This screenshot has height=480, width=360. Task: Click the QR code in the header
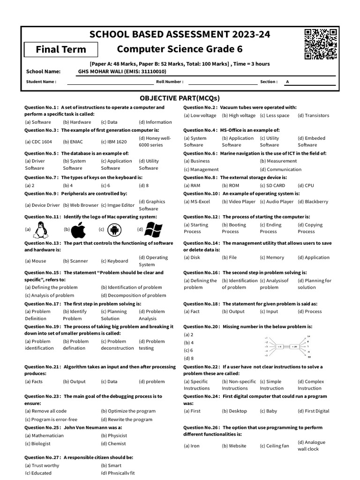coord(321,45)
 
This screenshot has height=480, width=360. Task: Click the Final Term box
coord(61,49)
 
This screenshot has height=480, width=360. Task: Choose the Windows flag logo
coord(153,230)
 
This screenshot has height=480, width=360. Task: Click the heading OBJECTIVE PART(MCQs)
coord(180,98)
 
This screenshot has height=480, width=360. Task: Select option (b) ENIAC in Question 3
coord(72,142)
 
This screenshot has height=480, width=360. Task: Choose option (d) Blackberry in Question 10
coord(313,202)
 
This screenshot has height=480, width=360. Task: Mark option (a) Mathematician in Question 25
coord(44,435)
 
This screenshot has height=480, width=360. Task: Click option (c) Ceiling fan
coord(274,446)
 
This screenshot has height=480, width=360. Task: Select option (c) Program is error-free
coord(51,420)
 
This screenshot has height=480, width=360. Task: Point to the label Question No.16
coord(201,272)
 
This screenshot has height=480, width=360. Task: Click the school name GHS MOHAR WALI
coord(122,72)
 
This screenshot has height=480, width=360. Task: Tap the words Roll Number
coord(169,82)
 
